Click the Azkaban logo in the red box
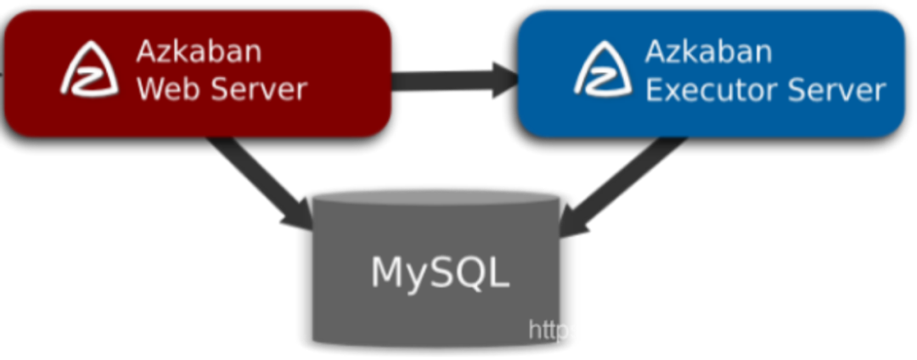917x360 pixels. (x=88, y=70)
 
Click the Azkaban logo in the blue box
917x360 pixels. (x=603, y=70)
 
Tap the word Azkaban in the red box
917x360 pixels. (x=199, y=53)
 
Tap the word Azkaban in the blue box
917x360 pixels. (x=708, y=53)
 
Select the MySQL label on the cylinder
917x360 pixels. (x=439, y=272)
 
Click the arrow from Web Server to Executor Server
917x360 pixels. (x=454, y=81)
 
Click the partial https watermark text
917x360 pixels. (x=553, y=329)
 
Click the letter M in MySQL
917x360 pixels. (x=388, y=272)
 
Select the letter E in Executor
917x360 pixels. (x=655, y=88)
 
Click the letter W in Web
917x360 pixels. (x=150, y=88)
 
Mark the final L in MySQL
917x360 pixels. (x=499, y=272)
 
